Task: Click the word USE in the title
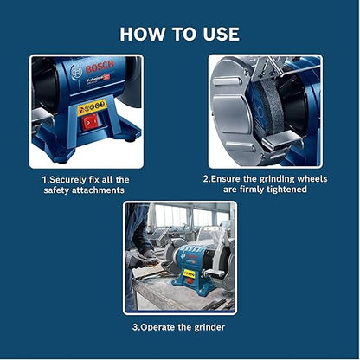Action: click(221, 34)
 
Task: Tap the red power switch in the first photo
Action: click(89, 122)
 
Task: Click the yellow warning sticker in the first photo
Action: click(92, 106)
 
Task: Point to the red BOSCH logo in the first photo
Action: click(100, 67)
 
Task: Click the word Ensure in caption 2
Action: click(226, 179)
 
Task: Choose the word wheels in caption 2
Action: click(312, 179)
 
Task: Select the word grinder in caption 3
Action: click(209, 327)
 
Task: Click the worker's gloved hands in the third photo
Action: click(145, 260)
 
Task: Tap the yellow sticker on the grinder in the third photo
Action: click(190, 273)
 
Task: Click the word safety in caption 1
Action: click(56, 190)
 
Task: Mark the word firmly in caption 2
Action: click(250, 190)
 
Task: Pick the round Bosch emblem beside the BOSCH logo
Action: click(76, 72)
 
